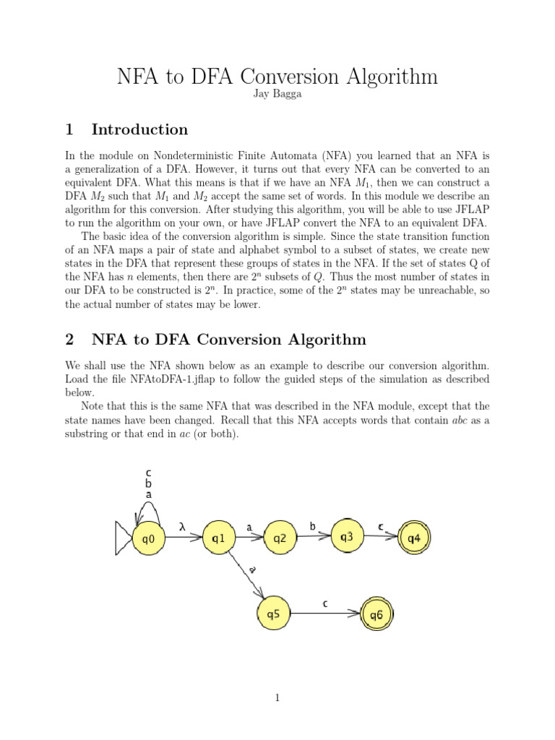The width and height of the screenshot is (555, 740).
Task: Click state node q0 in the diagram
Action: point(148,538)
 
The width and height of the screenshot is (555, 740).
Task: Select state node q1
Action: point(218,538)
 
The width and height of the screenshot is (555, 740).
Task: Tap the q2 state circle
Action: point(279,538)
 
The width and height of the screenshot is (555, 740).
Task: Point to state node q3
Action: point(346,536)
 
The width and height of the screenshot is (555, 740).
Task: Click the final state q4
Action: point(413,538)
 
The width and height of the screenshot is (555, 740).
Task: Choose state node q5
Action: point(273,614)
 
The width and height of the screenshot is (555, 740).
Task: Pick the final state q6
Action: point(377,615)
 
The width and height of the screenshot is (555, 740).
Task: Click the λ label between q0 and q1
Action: point(183,528)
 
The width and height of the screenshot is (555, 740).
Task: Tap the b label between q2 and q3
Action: point(313,527)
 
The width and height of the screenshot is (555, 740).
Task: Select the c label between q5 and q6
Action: point(325,603)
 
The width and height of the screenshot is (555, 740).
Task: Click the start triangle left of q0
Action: point(124,538)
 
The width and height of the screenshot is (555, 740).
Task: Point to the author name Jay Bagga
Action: point(277,95)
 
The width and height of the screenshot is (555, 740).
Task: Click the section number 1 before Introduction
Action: point(69,130)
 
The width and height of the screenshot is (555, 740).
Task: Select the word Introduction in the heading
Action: point(139,130)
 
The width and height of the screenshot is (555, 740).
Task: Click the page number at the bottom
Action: point(277,697)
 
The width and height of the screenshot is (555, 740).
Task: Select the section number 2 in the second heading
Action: point(69,340)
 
